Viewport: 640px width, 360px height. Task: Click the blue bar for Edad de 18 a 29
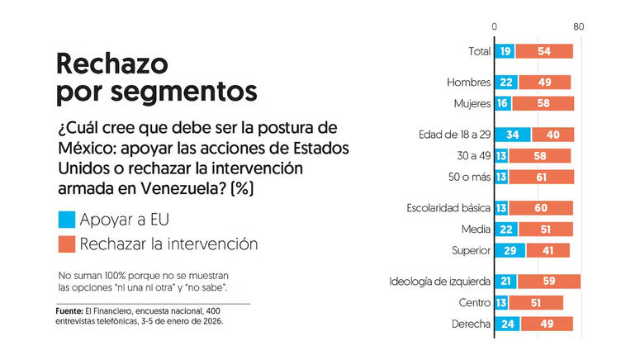[512, 135]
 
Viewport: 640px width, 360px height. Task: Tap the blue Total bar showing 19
[505, 51]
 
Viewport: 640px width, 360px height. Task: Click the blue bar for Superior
[510, 251]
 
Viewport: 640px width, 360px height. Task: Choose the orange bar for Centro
[536, 303]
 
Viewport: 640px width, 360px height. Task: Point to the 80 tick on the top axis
[578, 27]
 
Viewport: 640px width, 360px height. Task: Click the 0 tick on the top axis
[495, 27]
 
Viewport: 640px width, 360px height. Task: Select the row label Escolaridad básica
[449, 208]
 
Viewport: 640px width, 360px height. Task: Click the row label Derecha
[472, 324]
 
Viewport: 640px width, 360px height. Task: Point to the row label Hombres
[468, 83]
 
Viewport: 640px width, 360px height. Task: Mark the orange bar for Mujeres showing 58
[543, 103]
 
